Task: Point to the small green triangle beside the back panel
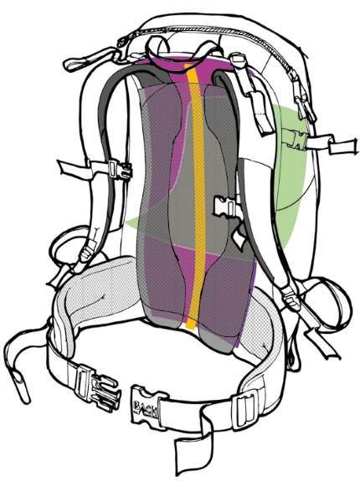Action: click(x=133, y=223)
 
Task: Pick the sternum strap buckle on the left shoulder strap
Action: click(x=121, y=169)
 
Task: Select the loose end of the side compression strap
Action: click(x=343, y=146)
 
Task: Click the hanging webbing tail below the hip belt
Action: click(x=193, y=451)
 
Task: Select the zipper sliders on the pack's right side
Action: click(x=302, y=97)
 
